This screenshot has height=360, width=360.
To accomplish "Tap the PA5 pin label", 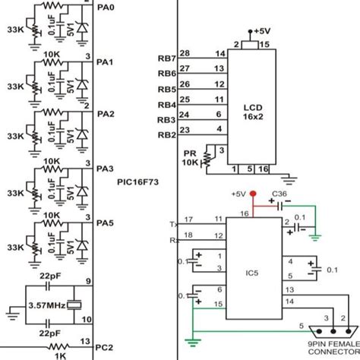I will pos(106,223).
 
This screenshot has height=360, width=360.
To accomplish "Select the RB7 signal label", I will pos(167,58).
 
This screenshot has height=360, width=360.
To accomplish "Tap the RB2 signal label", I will pos(167,136).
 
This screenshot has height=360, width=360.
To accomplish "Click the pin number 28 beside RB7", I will pos(185,52).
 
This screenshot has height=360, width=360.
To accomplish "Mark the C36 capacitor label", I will pos(279,194).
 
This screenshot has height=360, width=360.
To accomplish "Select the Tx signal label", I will pos(174,224).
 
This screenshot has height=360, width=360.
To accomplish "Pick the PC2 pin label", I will pos(106,348).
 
